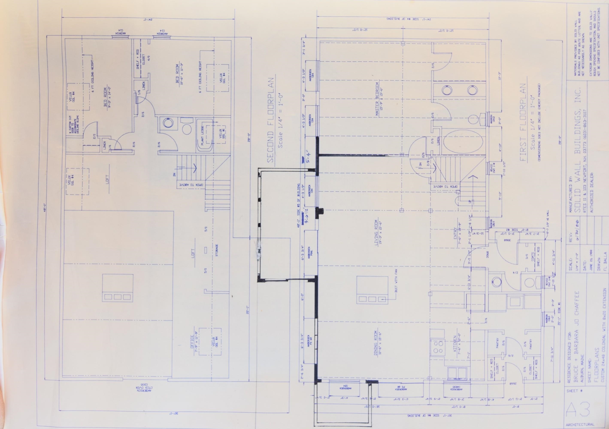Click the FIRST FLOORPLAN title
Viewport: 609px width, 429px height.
[523, 122]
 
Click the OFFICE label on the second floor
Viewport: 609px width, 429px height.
[192, 342]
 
